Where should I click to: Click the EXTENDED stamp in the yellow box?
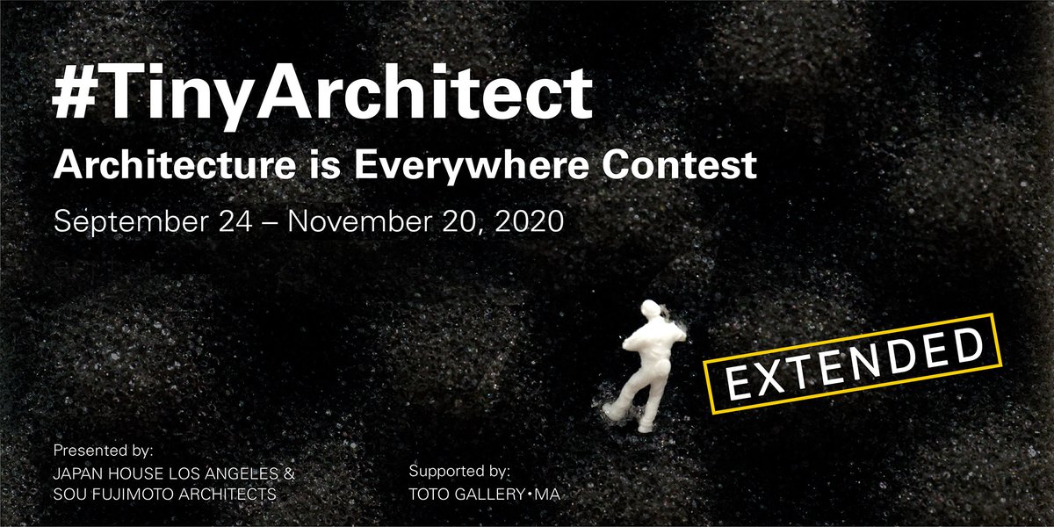pyautogui.click(x=852, y=364)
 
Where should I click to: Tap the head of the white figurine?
pyautogui.click(x=650, y=312)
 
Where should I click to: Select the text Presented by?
pyautogui.click(x=104, y=451)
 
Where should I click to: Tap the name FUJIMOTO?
pyautogui.click(x=127, y=495)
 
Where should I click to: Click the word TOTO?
pyautogui.click(x=429, y=495)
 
